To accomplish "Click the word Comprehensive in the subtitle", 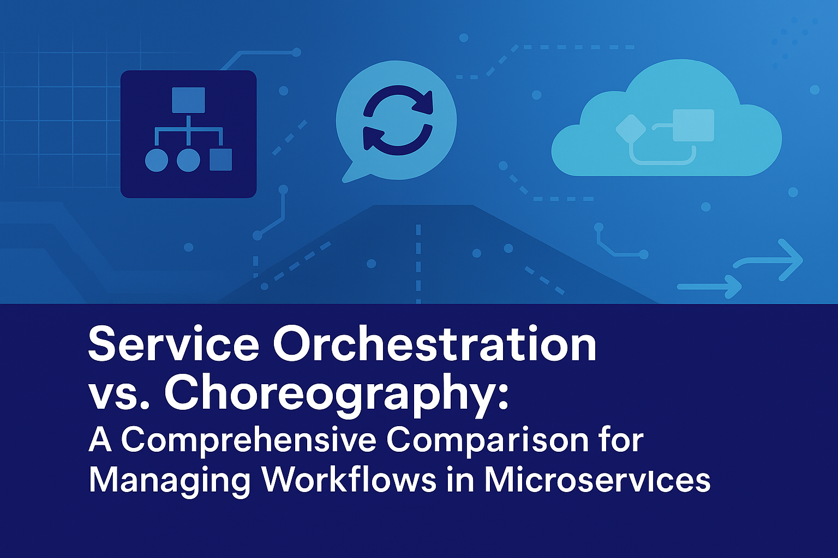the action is [x=249, y=442].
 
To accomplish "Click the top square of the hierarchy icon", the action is [x=188, y=100].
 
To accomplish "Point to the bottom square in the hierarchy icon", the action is [x=221, y=160].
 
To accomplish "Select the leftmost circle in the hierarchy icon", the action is [x=157, y=160].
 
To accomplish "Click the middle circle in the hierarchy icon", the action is [x=188, y=160].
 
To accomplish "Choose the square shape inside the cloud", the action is [x=693, y=125].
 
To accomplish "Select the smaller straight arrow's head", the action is [x=733, y=287].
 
